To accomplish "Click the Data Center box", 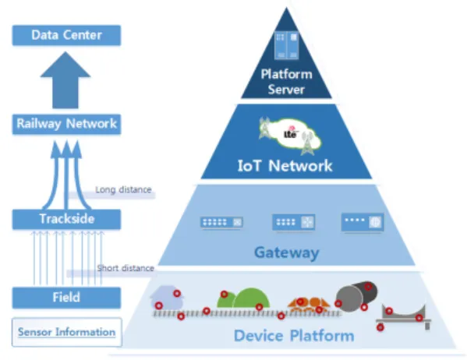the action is point(66,35).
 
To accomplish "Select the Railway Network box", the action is point(66,124).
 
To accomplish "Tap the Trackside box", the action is point(66,219).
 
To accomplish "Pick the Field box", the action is point(66,298).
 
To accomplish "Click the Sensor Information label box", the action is point(67,332).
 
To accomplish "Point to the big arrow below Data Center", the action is point(65,80).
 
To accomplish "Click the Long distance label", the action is point(123,189).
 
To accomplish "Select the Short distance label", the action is point(126,268).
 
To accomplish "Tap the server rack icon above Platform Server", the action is point(286,45).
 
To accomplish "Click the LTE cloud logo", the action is point(290,136).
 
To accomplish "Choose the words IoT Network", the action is point(285,165).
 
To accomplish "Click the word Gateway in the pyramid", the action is point(286,252).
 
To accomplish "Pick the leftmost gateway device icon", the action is point(221,222).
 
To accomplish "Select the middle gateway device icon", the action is point(294,222).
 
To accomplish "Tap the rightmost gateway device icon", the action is point(363,222).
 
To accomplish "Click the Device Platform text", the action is point(294,336).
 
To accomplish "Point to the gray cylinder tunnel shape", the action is point(356,296).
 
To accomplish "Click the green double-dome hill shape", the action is point(243,298).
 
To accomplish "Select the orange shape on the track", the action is point(309,305).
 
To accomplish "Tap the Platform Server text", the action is point(286,82).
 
